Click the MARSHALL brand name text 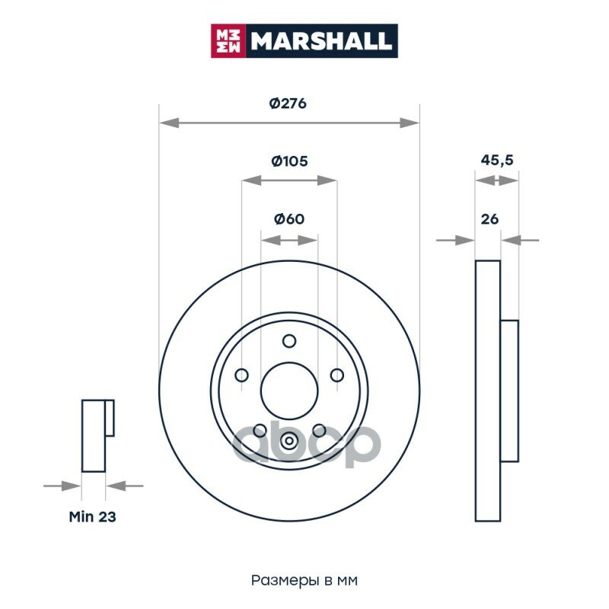[321, 41]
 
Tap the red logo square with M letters [228, 41]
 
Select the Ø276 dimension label [288, 104]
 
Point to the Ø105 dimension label [289, 161]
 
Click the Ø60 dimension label [289, 218]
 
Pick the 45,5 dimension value [497, 160]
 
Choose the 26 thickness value [489, 219]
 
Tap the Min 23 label [92, 517]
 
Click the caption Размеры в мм [304, 580]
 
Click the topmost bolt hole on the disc [289, 341]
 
